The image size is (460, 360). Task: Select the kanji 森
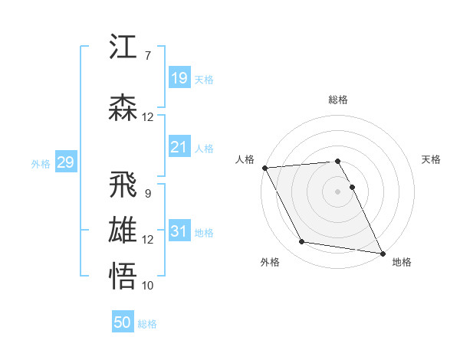123,108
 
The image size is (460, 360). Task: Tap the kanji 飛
123,185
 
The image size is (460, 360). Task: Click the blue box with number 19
179,78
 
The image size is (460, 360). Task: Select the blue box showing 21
179,147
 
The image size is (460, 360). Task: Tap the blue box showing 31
179,231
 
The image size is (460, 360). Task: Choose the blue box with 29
65,162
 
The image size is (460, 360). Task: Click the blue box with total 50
123,322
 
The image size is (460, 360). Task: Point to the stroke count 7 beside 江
147,56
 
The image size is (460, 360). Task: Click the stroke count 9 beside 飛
147,194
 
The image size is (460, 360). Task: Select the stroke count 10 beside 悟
147,286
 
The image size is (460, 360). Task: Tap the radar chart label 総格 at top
337,100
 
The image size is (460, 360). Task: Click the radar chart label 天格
431,159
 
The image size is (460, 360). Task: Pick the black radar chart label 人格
245,159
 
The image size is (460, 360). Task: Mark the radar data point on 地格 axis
382,252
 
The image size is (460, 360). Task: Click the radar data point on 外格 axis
302,242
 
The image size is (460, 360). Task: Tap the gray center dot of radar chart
337,191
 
